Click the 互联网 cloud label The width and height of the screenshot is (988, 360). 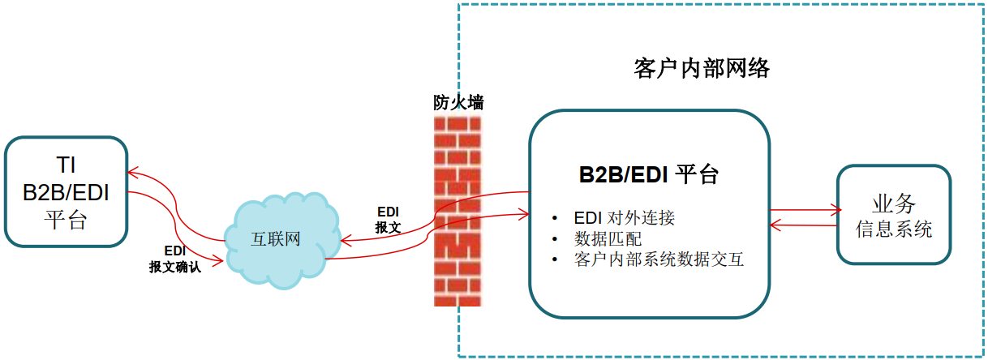(x=276, y=239)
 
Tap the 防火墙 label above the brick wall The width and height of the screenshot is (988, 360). (x=458, y=102)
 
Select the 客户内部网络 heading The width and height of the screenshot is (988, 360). (x=702, y=68)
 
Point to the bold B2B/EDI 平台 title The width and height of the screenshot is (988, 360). (x=648, y=174)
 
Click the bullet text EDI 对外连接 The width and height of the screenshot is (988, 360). (x=624, y=217)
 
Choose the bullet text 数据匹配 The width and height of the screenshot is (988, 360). (x=608, y=239)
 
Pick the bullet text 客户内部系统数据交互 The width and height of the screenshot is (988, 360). (x=659, y=259)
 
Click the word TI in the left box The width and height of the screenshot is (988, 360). (x=66, y=165)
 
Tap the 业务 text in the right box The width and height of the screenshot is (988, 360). (x=894, y=204)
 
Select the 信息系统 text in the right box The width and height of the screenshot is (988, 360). (x=894, y=229)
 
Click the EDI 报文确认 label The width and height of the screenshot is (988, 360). (x=175, y=259)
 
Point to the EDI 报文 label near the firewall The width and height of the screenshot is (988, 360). (x=388, y=220)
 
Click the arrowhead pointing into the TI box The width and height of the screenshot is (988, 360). (x=132, y=172)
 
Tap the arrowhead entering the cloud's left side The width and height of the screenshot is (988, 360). (x=218, y=261)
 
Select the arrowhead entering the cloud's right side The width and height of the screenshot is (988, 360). (x=346, y=241)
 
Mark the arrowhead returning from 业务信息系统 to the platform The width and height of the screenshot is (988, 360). (x=775, y=225)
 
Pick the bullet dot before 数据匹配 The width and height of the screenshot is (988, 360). (x=554, y=239)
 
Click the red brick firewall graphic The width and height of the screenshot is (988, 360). (x=457, y=211)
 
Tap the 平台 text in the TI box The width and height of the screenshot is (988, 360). (x=66, y=220)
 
